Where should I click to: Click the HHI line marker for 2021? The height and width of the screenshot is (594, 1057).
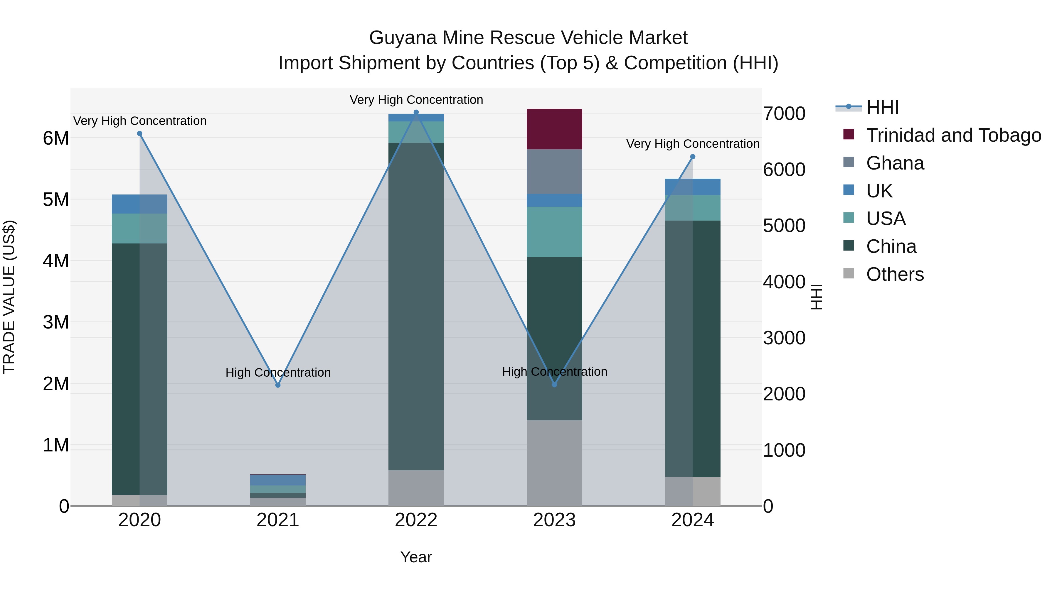click(278, 385)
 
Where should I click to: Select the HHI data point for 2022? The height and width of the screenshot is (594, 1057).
click(416, 112)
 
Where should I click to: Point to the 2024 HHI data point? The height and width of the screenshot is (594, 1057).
click(693, 157)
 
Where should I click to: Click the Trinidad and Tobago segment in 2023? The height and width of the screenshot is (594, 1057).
click(554, 129)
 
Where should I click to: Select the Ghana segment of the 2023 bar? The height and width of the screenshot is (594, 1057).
click(554, 171)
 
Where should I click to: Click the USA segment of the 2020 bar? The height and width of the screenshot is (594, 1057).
click(126, 228)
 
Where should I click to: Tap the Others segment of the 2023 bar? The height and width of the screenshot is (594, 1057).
click(554, 463)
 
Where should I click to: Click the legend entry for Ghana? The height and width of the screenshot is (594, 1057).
click(895, 163)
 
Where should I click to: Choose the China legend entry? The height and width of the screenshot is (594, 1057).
click(891, 246)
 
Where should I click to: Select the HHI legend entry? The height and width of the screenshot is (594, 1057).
click(882, 107)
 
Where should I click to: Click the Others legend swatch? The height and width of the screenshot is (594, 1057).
click(849, 273)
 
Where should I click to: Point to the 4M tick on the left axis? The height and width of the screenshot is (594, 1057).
click(56, 261)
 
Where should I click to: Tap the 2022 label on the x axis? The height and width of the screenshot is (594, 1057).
click(416, 520)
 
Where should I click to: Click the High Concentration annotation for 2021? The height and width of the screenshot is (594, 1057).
click(278, 372)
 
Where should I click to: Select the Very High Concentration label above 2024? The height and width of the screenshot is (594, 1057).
click(693, 144)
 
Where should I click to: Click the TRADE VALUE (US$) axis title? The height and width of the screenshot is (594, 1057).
click(9, 297)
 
